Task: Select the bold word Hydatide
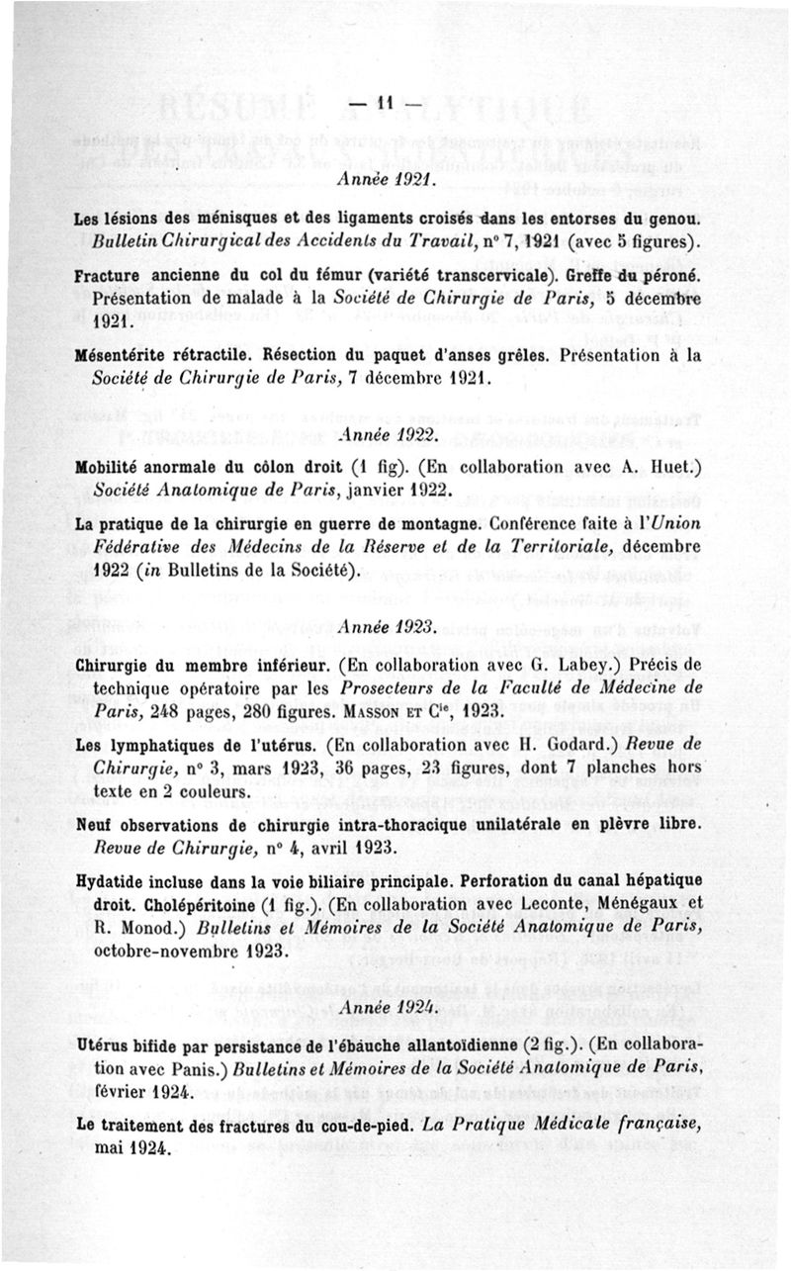point(111,880)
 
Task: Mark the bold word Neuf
point(96,824)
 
